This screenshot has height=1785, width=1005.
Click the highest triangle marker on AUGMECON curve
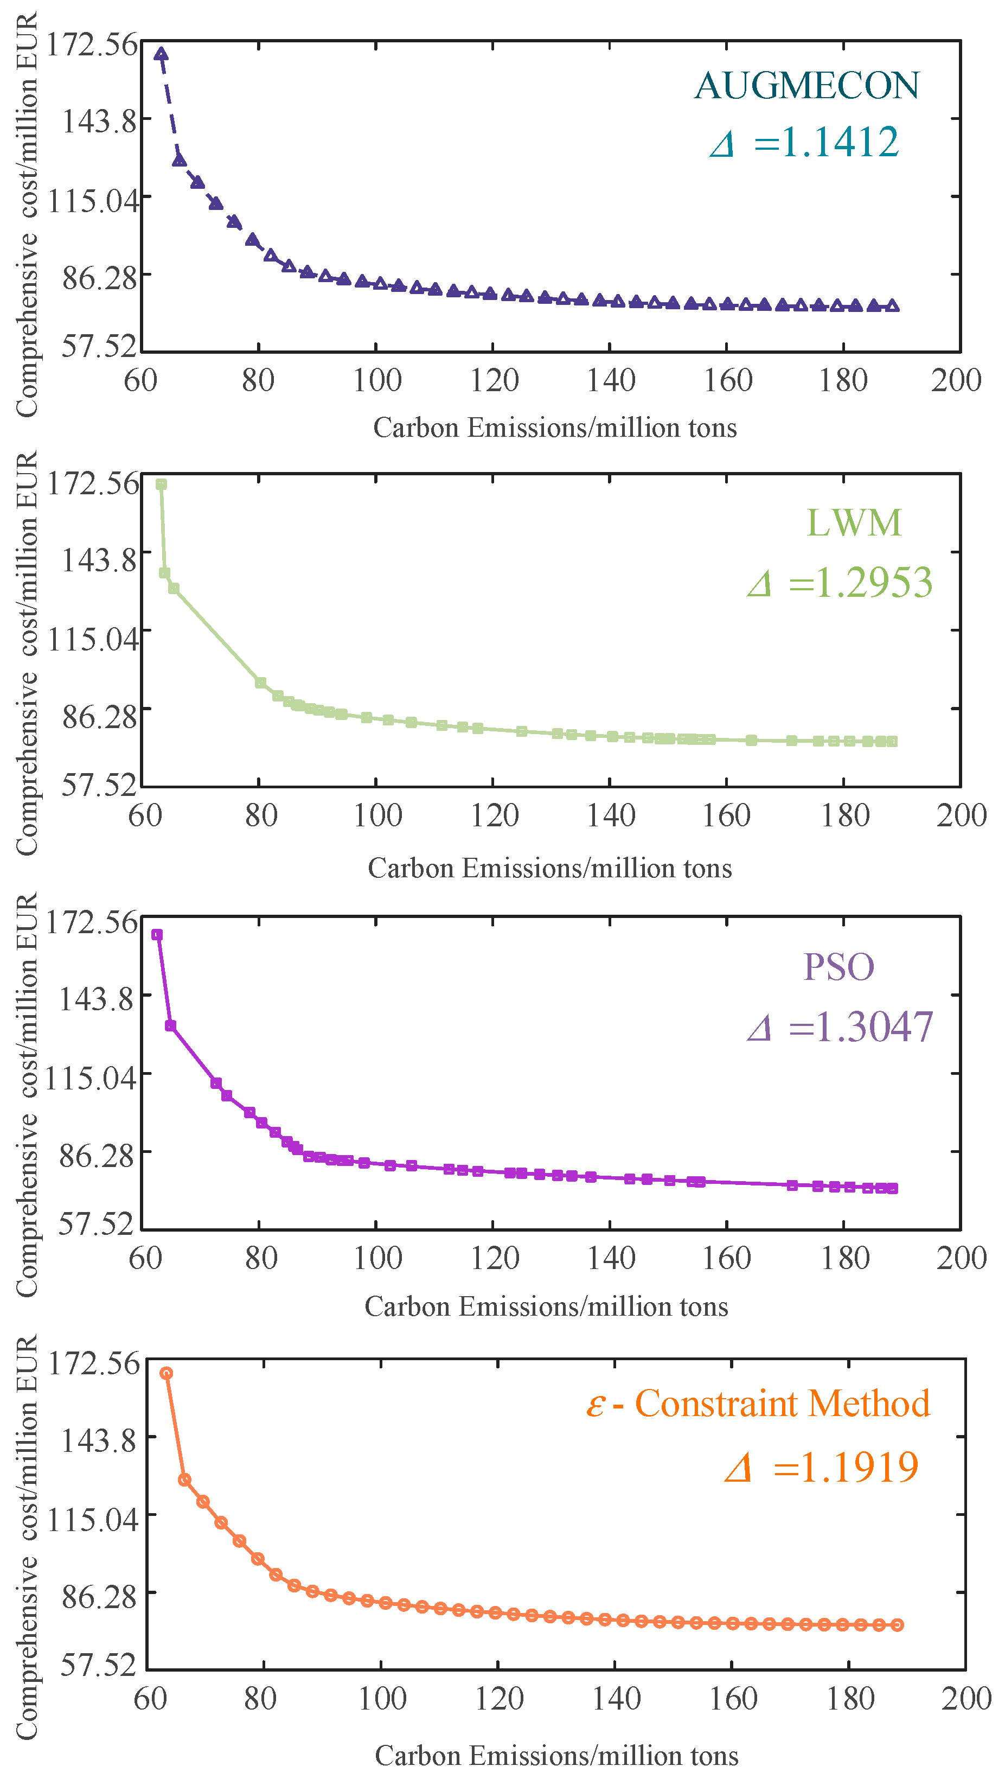(161, 54)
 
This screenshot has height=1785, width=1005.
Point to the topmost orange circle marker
(166, 1373)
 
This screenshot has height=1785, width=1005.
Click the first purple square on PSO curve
(157, 935)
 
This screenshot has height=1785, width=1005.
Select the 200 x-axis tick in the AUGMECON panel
(956, 380)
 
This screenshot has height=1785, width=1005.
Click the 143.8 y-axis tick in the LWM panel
(99, 560)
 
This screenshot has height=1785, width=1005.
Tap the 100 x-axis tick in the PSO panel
(377, 1258)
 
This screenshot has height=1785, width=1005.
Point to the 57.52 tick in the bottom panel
(98, 1665)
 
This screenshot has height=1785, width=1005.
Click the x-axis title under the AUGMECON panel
(555, 428)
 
